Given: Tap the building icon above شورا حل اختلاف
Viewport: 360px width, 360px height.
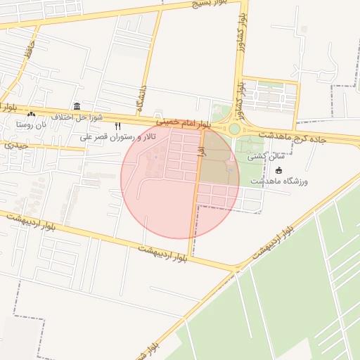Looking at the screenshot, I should pyautogui.click(x=77, y=105).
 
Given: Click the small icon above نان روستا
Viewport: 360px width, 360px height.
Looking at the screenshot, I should pyautogui.click(x=30, y=114).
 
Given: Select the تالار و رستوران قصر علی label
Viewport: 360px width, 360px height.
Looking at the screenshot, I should pyautogui.click(x=117, y=136).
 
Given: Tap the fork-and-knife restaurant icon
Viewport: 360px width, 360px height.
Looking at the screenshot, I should pyautogui.click(x=117, y=126).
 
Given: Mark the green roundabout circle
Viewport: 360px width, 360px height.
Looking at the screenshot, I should pyautogui.click(x=234, y=129).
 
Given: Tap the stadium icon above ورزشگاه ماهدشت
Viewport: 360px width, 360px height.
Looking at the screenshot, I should pyautogui.click(x=278, y=170).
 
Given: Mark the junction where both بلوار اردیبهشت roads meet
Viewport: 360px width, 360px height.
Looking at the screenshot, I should pyautogui.click(x=236, y=268).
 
